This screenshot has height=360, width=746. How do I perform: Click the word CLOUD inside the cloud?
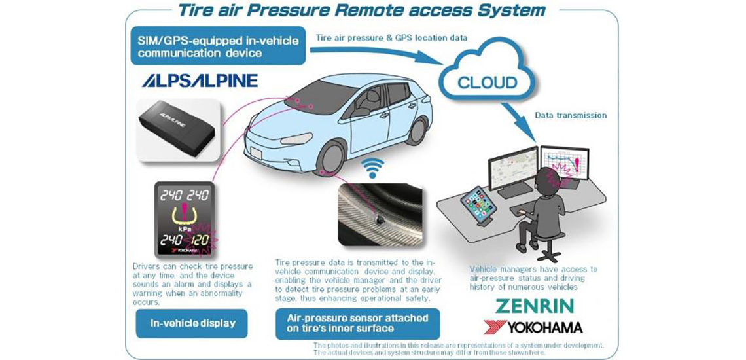pyautogui.click(x=487, y=82)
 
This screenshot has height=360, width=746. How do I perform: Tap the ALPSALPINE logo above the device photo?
pyautogui.click(x=200, y=80)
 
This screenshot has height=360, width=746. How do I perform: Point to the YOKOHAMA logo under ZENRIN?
pyautogui.click(x=533, y=327)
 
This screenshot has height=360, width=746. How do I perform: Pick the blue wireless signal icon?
pyautogui.click(x=372, y=168)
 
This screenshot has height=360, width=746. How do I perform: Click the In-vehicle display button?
pyautogui.click(x=192, y=323)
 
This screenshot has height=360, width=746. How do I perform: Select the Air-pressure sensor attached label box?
pyautogui.click(x=358, y=323)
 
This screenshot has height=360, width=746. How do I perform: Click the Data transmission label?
pyautogui.click(x=571, y=115)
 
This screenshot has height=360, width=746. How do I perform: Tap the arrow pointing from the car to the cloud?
pyautogui.click(x=380, y=53)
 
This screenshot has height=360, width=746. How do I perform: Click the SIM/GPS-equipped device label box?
pyautogui.click(x=218, y=46)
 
